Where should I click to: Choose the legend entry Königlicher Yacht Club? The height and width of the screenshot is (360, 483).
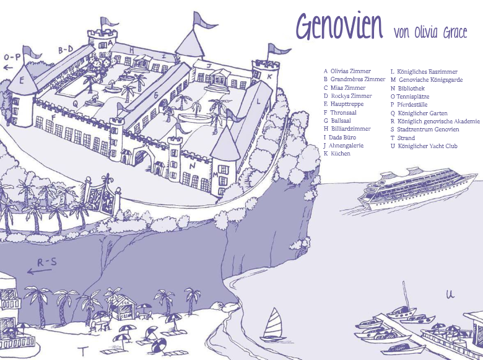coord(428,146)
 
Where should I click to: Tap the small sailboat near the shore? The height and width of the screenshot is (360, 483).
coord(272,325)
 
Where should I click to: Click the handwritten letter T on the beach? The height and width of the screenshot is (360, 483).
coord(81,351)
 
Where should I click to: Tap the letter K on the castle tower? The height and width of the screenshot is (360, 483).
coord(269,77)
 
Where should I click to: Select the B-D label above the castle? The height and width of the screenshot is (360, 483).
coord(66,49)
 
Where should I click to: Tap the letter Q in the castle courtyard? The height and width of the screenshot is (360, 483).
coord(75,103)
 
